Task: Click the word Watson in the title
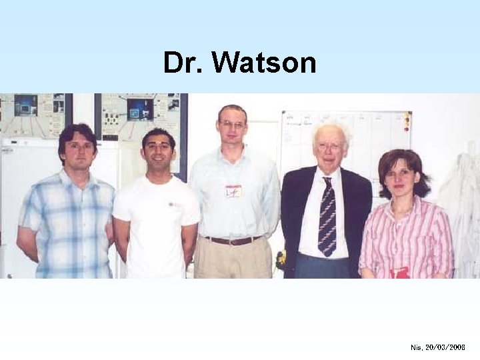pyautogui.click(x=265, y=63)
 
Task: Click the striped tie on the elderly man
pyautogui.click(x=327, y=216)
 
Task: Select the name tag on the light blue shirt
pyautogui.click(x=233, y=191)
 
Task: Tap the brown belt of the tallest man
pyautogui.click(x=233, y=240)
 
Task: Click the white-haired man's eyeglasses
pyautogui.click(x=330, y=146)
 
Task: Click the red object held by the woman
pyautogui.click(x=399, y=273)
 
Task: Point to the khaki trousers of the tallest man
pyautogui.click(x=233, y=260)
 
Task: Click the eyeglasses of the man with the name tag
pyautogui.click(x=233, y=125)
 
